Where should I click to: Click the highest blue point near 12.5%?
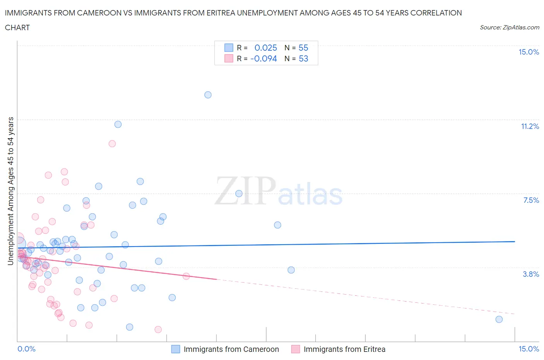coord(208,95)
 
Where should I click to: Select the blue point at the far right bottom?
coord(499,319)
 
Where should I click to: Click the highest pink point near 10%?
coord(112,144)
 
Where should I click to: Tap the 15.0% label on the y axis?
coord(529,52)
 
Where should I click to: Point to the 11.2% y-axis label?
coord(530,127)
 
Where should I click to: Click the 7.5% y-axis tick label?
coord(531,200)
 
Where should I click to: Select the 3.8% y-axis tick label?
coord(531,274)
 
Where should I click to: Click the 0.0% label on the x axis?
coord(26,349)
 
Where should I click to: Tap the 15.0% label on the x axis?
coord(529,349)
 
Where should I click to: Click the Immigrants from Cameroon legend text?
coord(231,350)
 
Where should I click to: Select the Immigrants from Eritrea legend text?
coord(344,350)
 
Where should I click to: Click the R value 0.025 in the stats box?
coord(265,48)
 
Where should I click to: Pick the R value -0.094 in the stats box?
coord(263,58)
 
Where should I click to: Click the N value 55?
coord(303,48)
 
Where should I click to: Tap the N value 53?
coord(303,58)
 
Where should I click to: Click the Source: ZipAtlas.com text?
coord(509,27)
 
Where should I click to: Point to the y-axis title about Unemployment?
coord(11,191)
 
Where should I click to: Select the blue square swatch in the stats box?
coord(229,48)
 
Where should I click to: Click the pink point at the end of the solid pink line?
coord(186,276)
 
